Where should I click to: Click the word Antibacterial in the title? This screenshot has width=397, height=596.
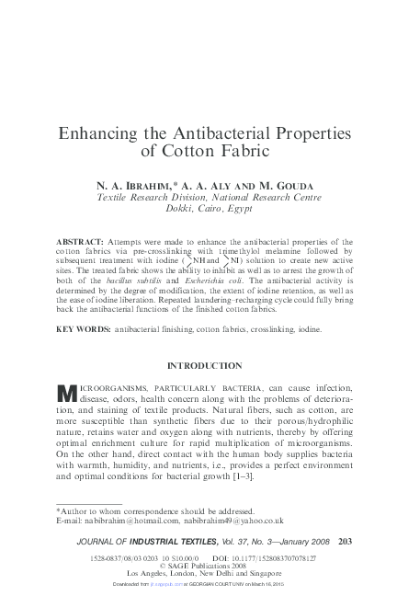(196, 132)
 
